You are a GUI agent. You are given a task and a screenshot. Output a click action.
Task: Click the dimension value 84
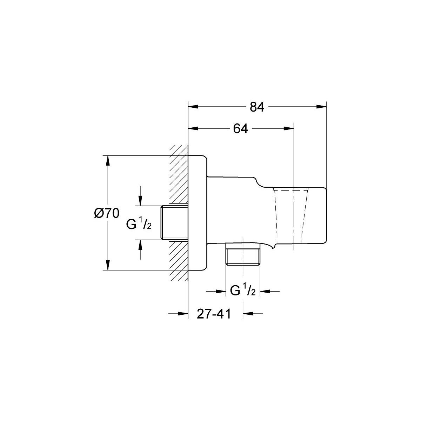257,107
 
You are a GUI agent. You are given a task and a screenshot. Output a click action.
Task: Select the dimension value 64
240,129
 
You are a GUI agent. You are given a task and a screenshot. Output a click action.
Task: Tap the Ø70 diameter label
107,213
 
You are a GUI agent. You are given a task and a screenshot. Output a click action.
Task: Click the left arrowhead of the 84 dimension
193,107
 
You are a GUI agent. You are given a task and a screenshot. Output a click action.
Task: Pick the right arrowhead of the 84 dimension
321,107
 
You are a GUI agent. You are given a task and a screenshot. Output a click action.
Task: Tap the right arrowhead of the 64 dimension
289,128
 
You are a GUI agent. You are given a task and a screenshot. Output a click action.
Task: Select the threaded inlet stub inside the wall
175,223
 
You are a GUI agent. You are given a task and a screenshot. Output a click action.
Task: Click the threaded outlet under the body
243,254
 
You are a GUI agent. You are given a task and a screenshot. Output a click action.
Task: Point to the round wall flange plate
198,213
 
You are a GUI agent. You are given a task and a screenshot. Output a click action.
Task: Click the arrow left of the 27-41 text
178,314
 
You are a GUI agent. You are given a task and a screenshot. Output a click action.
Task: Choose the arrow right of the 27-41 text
253,314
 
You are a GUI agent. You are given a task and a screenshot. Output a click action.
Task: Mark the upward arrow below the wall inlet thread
140,249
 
